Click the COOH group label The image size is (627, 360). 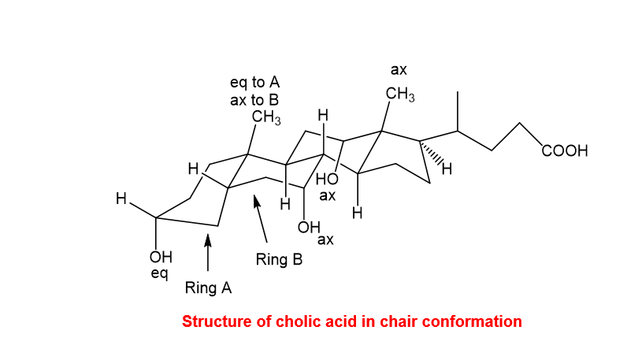tap(565, 150)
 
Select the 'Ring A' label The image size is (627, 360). tap(208, 288)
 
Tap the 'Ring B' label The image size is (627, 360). tap(279, 259)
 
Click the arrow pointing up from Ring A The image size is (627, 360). tap(207, 252)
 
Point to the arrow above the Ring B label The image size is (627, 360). tap(260, 219)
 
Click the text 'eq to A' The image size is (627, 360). tap(254, 83)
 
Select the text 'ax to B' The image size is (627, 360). tap(254, 100)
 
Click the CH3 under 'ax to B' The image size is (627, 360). tap(266, 117)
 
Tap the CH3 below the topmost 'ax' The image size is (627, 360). tap(400, 94)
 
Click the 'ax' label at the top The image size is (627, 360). tap(399, 70)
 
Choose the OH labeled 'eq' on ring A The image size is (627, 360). tap(161, 257)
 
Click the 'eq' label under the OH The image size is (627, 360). tap(159, 274)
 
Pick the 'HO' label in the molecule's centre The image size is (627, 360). tap(327, 179)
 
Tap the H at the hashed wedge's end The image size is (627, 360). tap(447, 169)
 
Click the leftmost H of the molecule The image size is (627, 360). tap(121, 199)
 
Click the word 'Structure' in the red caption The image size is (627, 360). tap(217, 321)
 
